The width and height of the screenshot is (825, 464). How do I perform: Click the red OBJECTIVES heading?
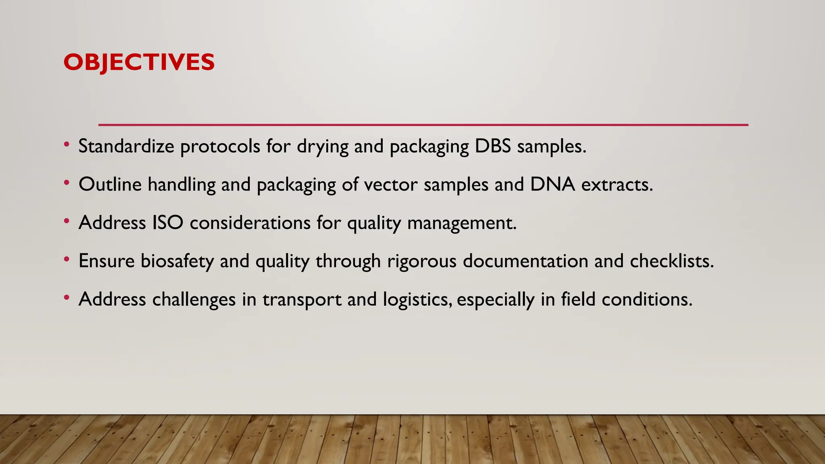point(139,62)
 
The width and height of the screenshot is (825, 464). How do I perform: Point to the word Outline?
point(110,184)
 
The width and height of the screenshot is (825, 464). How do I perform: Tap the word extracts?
point(616,185)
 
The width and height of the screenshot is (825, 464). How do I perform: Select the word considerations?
point(250,223)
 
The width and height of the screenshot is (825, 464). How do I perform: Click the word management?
point(462,223)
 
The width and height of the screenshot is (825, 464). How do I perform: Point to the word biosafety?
point(177,261)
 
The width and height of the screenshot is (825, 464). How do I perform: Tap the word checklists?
point(672,261)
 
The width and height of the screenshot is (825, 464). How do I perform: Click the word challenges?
point(194,300)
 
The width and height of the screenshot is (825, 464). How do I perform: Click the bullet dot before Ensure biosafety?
point(66,260)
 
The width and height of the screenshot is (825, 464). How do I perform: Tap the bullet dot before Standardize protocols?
point(66,145)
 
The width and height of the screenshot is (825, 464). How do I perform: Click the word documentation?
point(525,261)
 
